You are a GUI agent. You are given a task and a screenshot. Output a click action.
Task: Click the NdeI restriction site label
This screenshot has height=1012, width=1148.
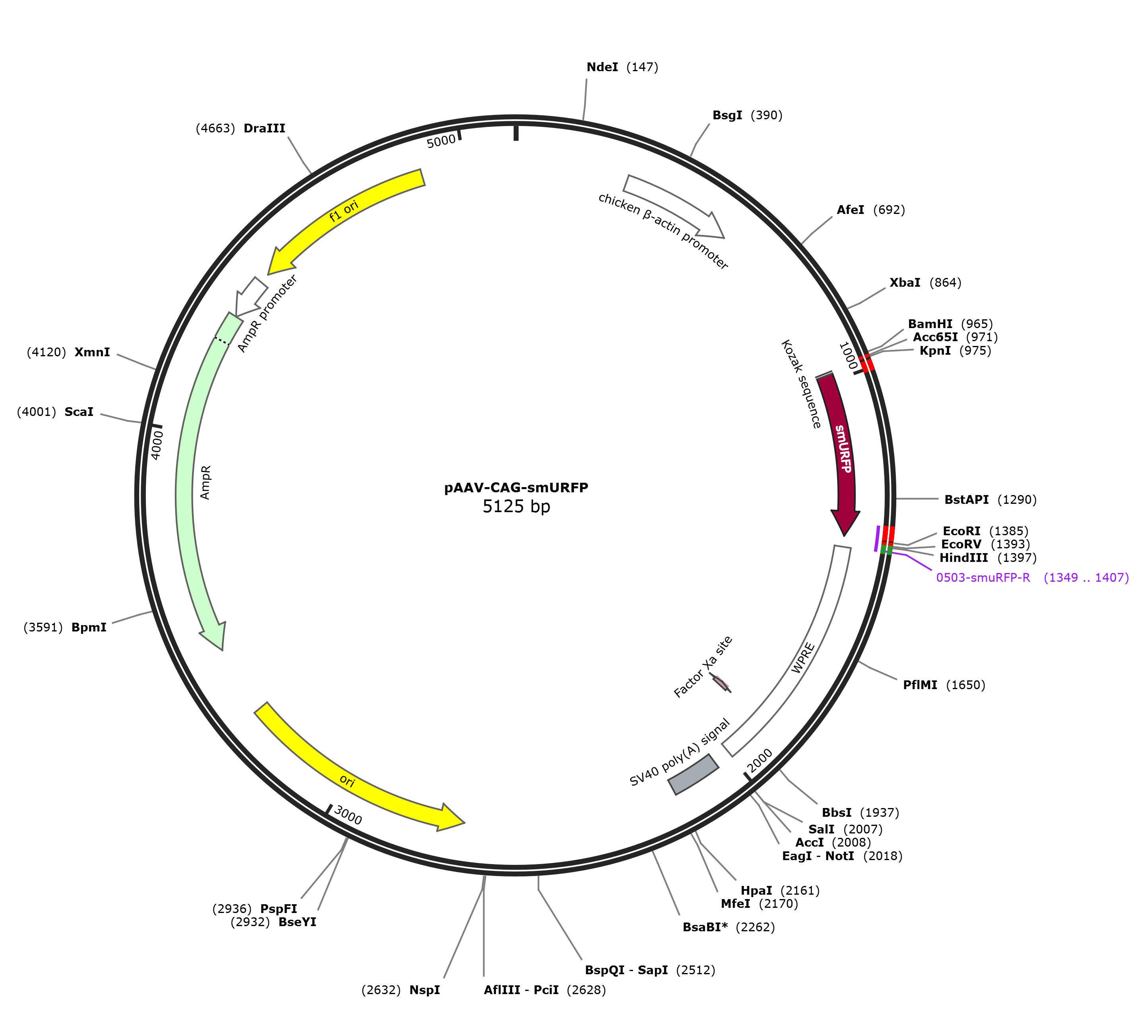602,67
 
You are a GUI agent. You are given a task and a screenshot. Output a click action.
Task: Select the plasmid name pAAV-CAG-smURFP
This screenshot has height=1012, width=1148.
516,488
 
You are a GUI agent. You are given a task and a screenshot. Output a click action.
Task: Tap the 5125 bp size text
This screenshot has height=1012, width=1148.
516,507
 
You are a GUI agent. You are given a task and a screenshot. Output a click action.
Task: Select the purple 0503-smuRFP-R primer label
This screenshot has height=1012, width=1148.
983,578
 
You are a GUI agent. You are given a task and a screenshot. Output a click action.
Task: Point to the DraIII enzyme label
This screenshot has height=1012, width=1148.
264,128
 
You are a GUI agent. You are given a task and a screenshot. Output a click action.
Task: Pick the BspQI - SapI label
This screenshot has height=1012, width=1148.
627,970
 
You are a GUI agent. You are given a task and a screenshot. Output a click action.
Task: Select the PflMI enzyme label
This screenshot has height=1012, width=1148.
920,685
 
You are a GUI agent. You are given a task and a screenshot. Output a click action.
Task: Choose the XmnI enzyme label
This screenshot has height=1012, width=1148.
92,353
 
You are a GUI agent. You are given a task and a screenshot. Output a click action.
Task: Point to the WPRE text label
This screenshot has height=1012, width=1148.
803,658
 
